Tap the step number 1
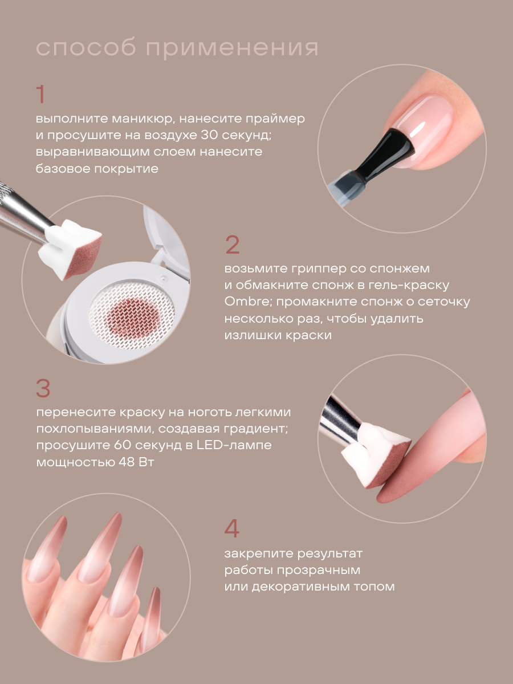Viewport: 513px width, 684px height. tap(41, 94)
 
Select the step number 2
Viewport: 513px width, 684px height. tap(233, 245)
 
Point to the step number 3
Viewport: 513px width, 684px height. tap(43, 388)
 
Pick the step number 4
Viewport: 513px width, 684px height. tap(232, 528)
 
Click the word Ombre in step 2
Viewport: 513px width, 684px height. tap(248, 302)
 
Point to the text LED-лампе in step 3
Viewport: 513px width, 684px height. tap(234, 445)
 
